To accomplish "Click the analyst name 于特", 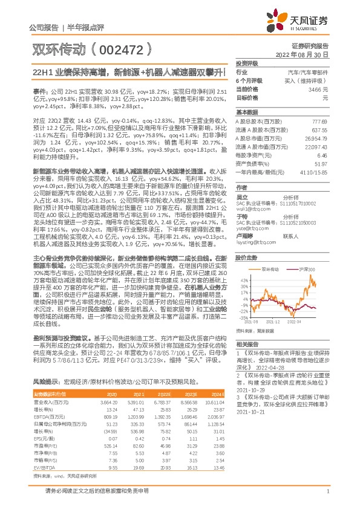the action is coord(241,216).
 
